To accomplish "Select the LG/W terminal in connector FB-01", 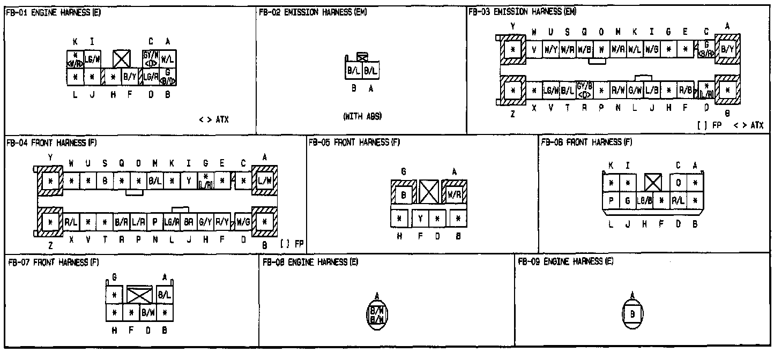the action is pyautogui.click(x=92, y=58).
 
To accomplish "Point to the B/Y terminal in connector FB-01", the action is pyautogui.click(x=129, y=77).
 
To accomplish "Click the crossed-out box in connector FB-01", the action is pyautogui.click(x=122, y=58).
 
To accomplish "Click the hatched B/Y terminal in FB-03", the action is pyautogui.click(x=727, y=49).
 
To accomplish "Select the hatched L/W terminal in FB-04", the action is pyautogui.click(x=264, y=181).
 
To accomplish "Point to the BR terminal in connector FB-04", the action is pyautogui.click(x=188, y=221).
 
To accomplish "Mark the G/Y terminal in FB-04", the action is pyautogui.click(x=205, y=221).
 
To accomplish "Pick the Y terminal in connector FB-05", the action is pyautogui.click(x=421, y=219).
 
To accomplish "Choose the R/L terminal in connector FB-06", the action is pyautogui.click(x=679, y=201).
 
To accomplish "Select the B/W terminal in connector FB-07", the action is pyautogui.click(x=148, y=311).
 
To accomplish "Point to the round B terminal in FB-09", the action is pyautogui.click(x=632, y=314).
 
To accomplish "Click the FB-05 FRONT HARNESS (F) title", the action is pyautogui.click(x=354, y=142).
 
